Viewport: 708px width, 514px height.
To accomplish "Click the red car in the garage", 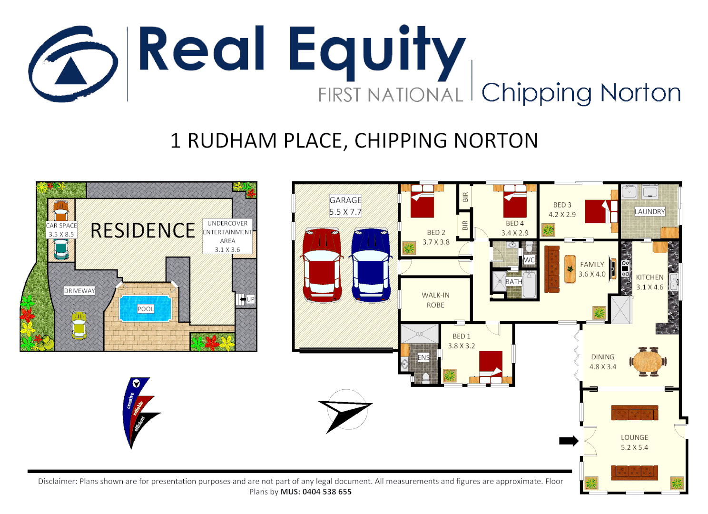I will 322,265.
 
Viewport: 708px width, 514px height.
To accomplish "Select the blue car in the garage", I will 371,265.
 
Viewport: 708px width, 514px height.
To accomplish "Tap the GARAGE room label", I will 345,200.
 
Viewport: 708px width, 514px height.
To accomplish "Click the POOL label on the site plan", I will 146,309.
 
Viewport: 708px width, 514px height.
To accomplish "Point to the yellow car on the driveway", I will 79,325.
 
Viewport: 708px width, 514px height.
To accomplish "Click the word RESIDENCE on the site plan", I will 143,231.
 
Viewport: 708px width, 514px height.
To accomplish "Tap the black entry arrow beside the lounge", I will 568,441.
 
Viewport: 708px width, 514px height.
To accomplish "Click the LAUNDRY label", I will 649,212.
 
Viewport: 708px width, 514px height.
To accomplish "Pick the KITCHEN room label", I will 649,277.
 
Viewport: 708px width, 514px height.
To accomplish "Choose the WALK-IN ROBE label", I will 435,300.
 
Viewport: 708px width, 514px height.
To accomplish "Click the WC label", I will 529,260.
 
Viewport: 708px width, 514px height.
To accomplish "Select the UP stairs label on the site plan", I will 250,299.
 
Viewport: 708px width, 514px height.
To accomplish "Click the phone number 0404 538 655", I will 327,492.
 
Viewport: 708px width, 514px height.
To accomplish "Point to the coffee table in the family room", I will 570,269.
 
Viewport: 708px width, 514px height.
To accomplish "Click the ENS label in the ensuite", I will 423,357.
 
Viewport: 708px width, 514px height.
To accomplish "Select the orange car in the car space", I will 61,210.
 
